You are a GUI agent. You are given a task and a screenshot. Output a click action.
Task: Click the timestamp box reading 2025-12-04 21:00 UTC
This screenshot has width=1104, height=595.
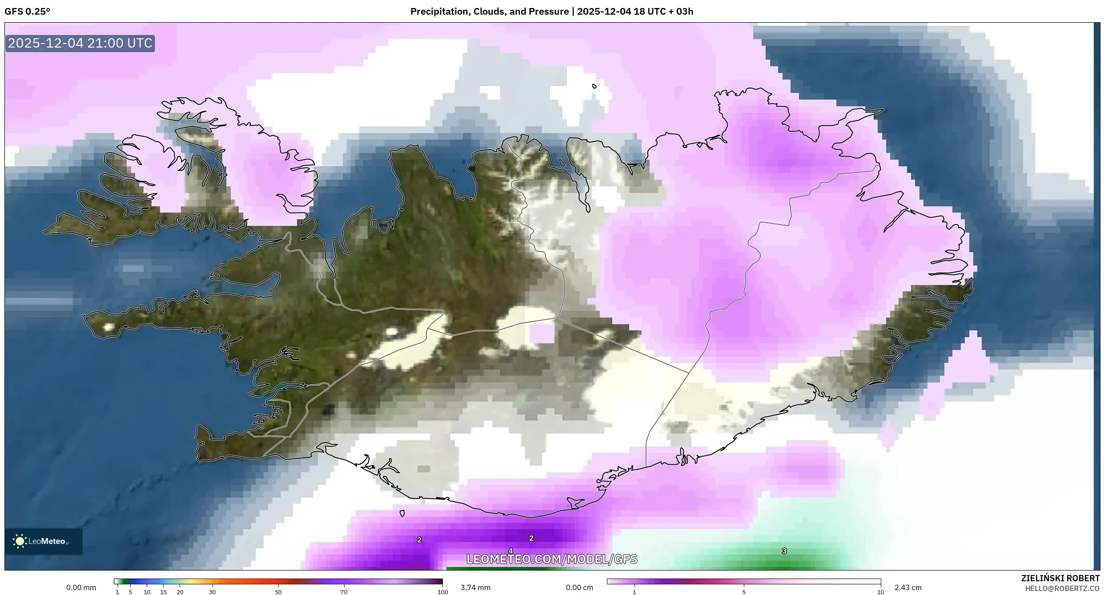point(80,43)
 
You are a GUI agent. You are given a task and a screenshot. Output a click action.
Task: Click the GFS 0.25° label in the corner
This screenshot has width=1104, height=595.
point(28,12)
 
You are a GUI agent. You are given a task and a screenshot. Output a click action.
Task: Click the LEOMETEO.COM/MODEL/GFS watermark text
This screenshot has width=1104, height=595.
point(551,559)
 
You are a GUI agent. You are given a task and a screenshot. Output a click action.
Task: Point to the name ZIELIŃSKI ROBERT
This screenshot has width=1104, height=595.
point(1060,578)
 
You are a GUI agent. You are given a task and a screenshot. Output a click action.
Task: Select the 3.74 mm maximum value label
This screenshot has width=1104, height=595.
point(475,587)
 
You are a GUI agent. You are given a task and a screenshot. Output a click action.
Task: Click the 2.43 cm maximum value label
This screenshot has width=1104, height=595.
point(908,587)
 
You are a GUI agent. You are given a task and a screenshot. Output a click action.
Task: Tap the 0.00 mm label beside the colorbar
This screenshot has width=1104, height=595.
point(81,587)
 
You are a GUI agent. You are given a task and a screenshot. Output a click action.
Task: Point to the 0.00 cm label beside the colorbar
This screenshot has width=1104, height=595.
point(579,587)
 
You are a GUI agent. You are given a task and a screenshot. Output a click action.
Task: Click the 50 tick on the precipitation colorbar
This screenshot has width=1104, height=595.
point(278,592)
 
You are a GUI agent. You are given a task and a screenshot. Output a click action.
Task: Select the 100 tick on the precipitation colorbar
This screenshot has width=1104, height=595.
point(442,592)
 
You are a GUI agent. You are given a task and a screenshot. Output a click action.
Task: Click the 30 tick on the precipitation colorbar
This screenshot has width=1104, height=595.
point(213,592)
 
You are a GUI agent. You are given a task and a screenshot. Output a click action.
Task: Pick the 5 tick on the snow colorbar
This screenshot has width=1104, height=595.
point(744,592)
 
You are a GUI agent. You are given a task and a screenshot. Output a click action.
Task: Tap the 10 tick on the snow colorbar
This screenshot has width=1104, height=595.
point(880,592)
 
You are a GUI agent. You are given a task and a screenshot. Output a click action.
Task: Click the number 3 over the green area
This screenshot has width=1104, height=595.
point(784,551)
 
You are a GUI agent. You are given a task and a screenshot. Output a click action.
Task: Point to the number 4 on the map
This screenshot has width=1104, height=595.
point(510,551)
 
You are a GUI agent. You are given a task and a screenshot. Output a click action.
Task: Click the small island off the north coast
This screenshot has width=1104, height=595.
point(594,86)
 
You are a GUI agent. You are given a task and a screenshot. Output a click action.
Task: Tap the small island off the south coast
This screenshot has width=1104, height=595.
point(402,514)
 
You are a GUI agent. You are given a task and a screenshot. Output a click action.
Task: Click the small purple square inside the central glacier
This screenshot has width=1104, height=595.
point(542,334)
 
